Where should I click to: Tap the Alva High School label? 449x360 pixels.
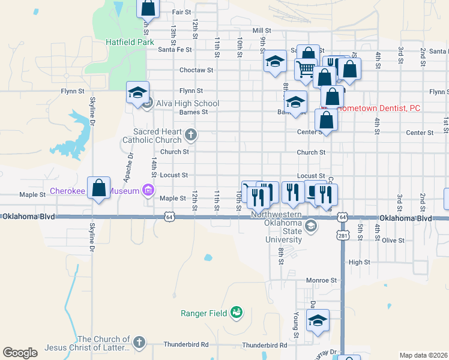pos(188,103)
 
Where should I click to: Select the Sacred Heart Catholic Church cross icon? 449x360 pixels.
pos(191,134)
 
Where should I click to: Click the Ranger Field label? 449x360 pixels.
pos(204,313)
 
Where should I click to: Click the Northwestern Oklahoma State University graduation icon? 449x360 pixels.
pos(310,226)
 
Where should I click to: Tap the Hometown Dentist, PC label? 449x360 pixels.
pos(378,108)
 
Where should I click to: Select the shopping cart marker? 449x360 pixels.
pos(306,70)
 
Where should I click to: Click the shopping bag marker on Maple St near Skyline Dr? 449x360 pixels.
pos(99,188)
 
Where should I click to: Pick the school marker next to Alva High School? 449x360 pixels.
pos(137,94)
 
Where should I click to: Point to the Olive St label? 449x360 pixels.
pos(393,240)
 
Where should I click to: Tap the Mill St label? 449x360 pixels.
pos(262,30)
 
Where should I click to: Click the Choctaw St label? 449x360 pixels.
pos(196,70)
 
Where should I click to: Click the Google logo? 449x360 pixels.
pos(20,352)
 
